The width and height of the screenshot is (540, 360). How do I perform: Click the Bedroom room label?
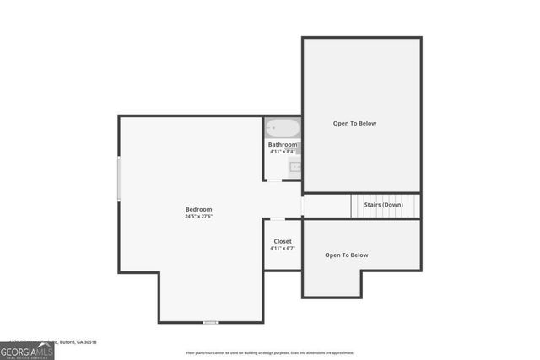pos(198,209)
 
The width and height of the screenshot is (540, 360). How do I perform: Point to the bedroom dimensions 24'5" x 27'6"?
pos(198,217)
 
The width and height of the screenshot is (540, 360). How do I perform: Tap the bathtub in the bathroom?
pos(282,128)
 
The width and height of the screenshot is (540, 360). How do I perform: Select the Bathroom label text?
pos(283,145)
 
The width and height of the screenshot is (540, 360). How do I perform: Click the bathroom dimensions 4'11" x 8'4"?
pos(283,152)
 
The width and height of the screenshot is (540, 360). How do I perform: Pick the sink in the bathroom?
pos(295,166)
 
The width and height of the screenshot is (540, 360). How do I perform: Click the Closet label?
pos(283,241)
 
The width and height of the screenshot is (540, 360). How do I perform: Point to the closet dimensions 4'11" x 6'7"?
pos(283,249)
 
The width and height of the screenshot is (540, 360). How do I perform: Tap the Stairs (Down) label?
pos(383,205)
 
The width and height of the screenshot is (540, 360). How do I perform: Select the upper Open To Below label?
pos(354,124)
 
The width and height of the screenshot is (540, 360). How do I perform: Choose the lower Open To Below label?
pos(347,255)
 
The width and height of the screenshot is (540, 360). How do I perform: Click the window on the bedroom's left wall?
pos(119,179)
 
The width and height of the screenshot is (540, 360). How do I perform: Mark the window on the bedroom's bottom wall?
pos(211,322)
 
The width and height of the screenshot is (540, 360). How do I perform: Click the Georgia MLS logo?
pos(27,350)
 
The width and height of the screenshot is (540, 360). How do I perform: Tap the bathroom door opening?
pos(274,180)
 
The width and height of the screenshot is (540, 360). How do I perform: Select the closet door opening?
pos(278,219)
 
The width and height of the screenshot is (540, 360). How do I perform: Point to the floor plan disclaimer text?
pos(270,353)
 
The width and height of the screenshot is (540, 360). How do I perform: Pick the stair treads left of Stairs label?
pos(355,205)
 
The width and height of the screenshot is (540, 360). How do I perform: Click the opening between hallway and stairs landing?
pos(301,206)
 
